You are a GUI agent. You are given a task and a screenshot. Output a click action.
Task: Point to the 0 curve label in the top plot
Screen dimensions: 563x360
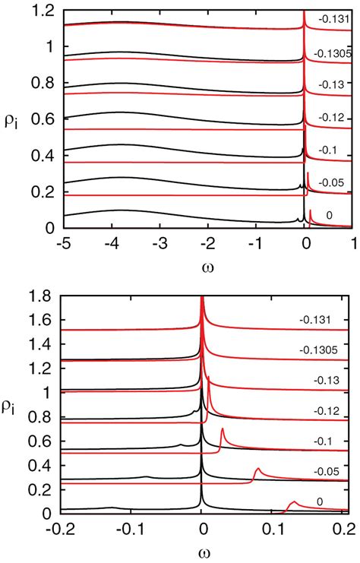pyautogui.click(x=329, y=216)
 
